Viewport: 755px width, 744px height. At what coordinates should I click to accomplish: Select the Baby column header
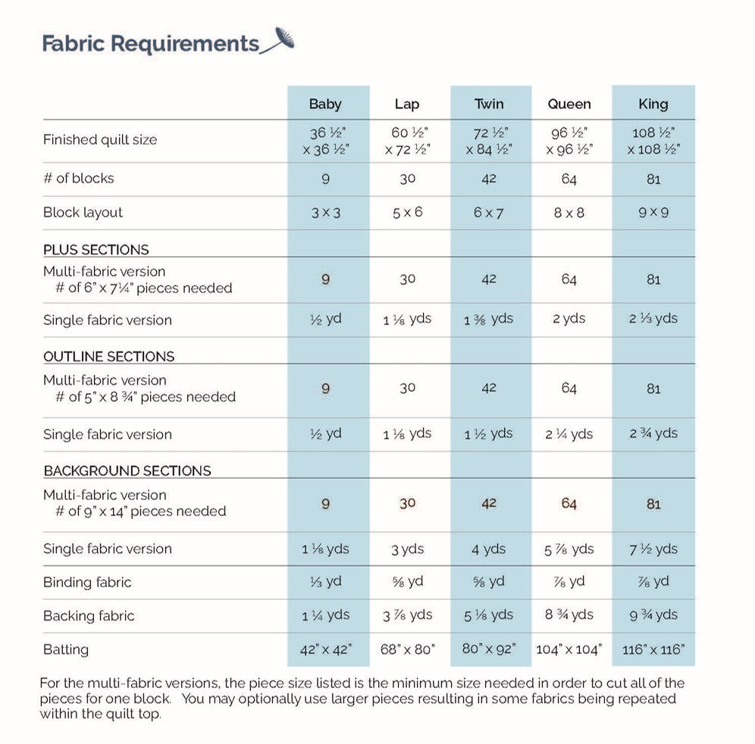325,104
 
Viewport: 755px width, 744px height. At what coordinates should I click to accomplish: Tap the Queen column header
569,104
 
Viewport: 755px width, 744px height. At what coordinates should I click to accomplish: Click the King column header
653,104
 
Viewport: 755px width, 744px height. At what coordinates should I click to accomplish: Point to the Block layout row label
83,212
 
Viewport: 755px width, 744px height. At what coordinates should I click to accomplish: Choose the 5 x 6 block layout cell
407,212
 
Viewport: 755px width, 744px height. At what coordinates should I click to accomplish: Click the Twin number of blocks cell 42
489,179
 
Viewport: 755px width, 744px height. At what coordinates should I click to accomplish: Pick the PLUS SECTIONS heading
96,249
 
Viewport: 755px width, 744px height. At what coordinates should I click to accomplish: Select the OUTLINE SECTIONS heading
108,356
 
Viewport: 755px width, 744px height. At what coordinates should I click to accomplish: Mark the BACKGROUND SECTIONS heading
127,470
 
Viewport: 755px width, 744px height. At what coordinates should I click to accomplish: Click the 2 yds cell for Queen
569,319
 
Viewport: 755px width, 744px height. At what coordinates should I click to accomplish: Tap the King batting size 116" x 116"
653,649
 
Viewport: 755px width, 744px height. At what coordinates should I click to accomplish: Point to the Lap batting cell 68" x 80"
407,649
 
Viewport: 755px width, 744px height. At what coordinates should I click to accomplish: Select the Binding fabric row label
87,582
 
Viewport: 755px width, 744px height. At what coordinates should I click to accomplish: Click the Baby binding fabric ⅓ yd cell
325,582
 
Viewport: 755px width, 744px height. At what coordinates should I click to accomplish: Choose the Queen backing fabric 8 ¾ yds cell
569,615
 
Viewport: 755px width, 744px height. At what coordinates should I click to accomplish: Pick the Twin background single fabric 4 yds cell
489,549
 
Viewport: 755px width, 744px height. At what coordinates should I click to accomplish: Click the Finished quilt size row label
99,139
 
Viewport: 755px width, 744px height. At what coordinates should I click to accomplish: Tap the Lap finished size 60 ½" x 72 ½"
407,140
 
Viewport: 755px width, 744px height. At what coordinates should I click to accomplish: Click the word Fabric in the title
74,43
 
